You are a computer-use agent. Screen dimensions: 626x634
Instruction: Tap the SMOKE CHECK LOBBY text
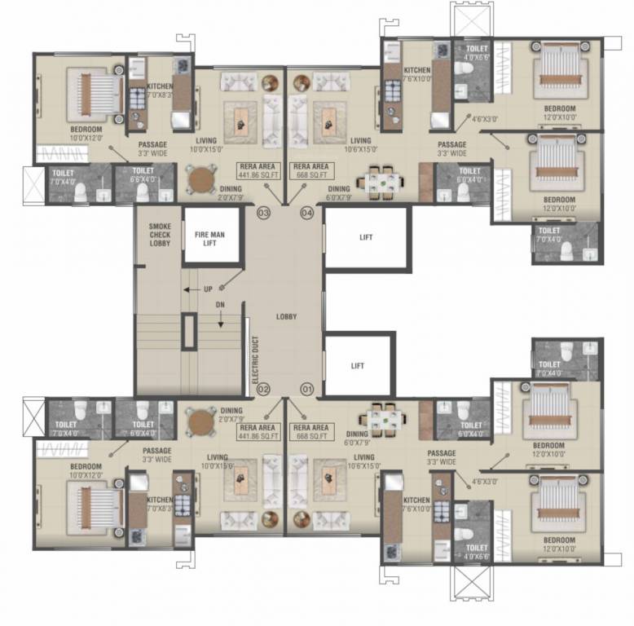(159, 234)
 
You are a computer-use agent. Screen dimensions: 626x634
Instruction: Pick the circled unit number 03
(262, 213)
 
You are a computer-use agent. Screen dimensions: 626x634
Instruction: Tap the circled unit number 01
(306, 389)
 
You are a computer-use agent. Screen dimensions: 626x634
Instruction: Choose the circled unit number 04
(306, 213)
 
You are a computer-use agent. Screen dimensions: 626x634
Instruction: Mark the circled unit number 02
(262, 389)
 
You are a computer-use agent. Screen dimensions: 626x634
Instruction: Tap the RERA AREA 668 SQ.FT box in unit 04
(310, 170)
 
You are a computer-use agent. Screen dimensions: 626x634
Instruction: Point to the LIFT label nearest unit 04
(366, 238)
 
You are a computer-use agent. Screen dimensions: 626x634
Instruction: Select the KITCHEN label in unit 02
(159, 500)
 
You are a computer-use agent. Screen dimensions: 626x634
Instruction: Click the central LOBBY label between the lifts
(285, 316)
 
